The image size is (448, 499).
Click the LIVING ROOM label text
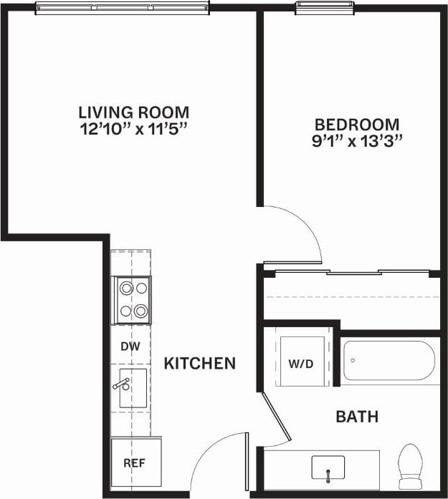coord(133,112)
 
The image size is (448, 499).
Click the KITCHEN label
coord(200,364)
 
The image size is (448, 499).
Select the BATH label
coord(357,417)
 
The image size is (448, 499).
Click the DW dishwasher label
coord(130,347)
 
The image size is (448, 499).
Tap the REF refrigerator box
coord(134,463)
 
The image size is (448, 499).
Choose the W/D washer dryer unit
coord(301,363)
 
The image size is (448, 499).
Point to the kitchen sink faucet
coord(120,384)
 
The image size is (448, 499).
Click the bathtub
coord(389,361)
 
